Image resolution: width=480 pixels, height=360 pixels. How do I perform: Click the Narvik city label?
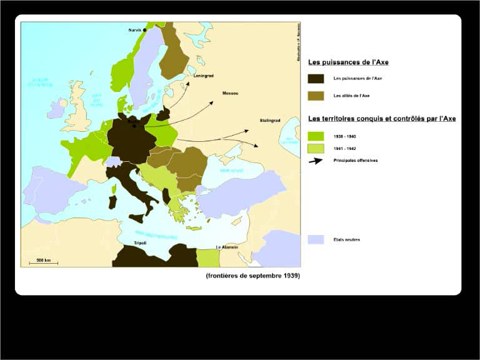134,30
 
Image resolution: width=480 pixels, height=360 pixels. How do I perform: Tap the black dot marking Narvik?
144,30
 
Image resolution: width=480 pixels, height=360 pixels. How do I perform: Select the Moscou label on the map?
230,94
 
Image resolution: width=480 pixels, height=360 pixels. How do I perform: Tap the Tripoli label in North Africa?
140,242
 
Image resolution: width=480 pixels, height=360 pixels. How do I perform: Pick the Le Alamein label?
227,247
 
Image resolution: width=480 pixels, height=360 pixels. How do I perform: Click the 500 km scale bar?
43,262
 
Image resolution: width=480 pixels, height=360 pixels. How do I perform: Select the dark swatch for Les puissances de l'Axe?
316,79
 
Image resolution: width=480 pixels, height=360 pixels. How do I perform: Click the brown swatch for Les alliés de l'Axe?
316,96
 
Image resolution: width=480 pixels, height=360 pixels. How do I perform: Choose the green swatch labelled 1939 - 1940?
316,136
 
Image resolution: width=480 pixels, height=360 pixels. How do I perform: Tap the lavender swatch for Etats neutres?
316,239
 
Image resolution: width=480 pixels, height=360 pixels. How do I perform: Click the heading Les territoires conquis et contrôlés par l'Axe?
381,119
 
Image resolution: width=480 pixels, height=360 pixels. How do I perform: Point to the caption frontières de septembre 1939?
252,276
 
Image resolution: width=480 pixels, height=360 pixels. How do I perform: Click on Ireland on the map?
56,109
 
